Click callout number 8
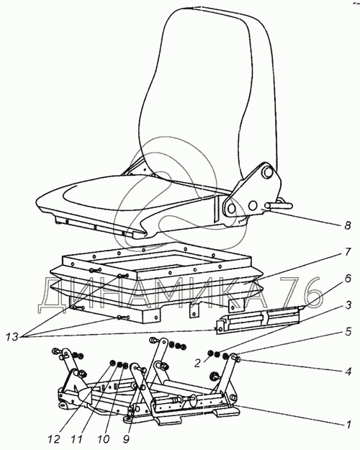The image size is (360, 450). click(347, 225)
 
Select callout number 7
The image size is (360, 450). click(347, 253)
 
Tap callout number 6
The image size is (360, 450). click(347, 279)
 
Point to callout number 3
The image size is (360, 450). click(348, 305)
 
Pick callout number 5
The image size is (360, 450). click(348, 332)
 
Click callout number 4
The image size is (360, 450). click(348, 372)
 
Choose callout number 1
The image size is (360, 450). click(348, 424)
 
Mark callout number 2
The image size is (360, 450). click(197, 364)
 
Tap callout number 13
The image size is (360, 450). click(12, 337)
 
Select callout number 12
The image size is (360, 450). click(54, 439)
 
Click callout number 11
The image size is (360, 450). click(76, 439)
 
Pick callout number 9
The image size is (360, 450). click(126, 439)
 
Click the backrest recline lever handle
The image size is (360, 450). click(279, 205)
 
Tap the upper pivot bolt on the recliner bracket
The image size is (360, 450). click(267, 172)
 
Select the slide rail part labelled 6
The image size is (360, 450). click(258, 318)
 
